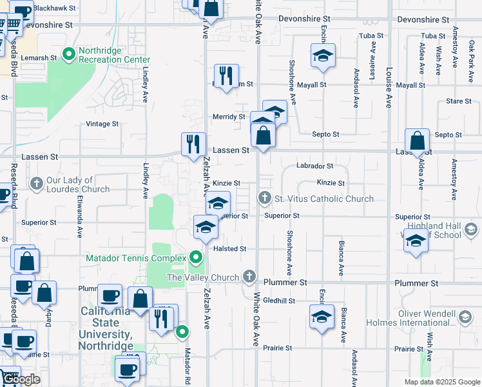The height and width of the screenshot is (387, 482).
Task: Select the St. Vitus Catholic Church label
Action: tap(323, 199)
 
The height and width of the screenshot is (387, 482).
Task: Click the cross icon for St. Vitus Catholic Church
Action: tap(264, 197)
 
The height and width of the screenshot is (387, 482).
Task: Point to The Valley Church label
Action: tap(204, 277)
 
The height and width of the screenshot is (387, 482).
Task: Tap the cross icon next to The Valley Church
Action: tap(250, 277)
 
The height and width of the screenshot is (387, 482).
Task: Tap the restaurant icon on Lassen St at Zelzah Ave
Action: tap(192, 144)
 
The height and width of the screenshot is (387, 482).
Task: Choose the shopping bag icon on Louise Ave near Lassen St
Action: tap(418, 141)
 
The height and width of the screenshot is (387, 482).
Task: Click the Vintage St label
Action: tap(102, 124)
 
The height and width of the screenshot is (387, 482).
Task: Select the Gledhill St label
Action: tap(278, 301)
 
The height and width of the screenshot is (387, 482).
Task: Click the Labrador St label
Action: tap(314, 166)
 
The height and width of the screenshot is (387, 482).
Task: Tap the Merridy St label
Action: tap(229, 117)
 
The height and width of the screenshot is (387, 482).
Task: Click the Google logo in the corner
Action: tap(21, 379)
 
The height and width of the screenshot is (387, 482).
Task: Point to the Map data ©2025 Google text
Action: tap(441, 382)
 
